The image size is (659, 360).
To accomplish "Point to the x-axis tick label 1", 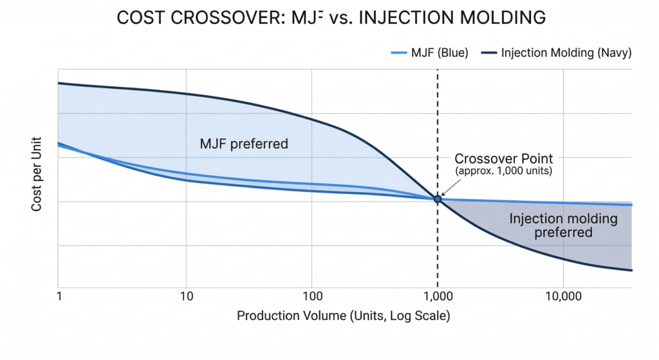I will (x=59, y=298).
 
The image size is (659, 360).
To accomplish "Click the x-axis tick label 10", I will (x=185, y=298).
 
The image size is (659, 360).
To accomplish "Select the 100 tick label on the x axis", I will (x=311, y=298).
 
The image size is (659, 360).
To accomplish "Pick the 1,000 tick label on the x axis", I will (x=438, y=298).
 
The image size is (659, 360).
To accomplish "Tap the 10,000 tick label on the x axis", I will (x=564, y=298).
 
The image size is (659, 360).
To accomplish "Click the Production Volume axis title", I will (x=343, y=316).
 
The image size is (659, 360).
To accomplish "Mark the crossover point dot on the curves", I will (x=438, y=199).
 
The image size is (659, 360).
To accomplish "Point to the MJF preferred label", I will (x=245, y=144).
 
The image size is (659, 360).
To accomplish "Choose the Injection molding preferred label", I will (x=563, y=225).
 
